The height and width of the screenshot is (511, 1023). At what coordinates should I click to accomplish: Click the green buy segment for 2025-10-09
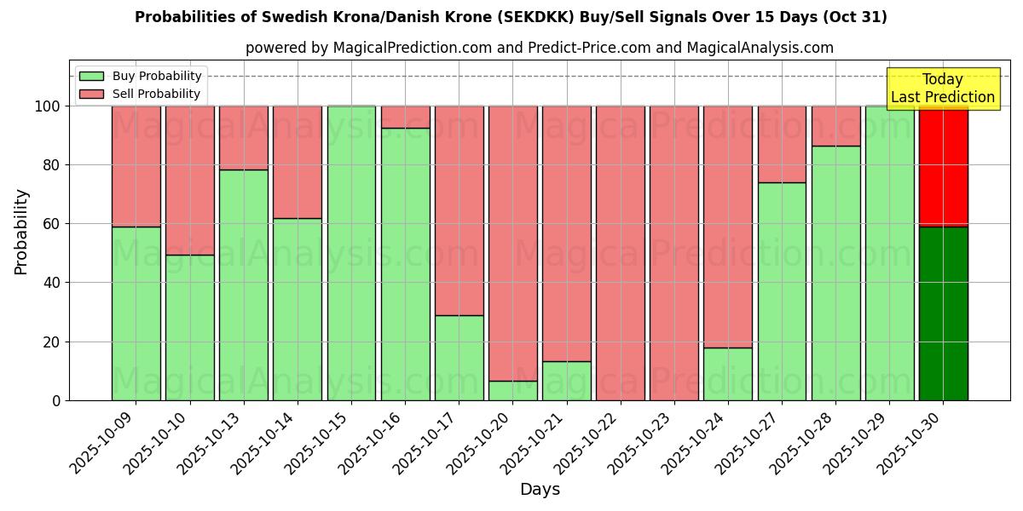[136, 313]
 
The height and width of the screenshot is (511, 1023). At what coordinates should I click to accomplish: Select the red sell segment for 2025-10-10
[189, 181]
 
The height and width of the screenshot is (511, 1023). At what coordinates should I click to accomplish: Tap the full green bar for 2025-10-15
[351, 253]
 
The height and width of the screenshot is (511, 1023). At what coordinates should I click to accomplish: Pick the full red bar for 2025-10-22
[621, 253]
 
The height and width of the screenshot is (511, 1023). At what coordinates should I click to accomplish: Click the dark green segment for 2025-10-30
[943, 313]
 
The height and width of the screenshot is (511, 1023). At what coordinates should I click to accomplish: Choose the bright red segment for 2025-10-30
[943, 166]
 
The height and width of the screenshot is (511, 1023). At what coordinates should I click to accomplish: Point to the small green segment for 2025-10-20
[513, 391]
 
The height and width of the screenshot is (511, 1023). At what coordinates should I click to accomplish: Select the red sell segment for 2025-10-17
[459, 210]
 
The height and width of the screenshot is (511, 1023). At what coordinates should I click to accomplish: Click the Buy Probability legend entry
[141, 76]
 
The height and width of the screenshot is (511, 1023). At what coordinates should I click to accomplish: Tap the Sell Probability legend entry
[141, 94]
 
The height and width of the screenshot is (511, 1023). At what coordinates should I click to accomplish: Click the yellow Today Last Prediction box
[943, 89]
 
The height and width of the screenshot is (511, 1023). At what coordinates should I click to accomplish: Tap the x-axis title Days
[540, 490]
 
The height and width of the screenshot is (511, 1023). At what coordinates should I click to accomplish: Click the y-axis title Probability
[21, 231]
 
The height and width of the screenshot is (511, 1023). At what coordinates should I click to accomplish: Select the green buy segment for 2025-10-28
[835, 273]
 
